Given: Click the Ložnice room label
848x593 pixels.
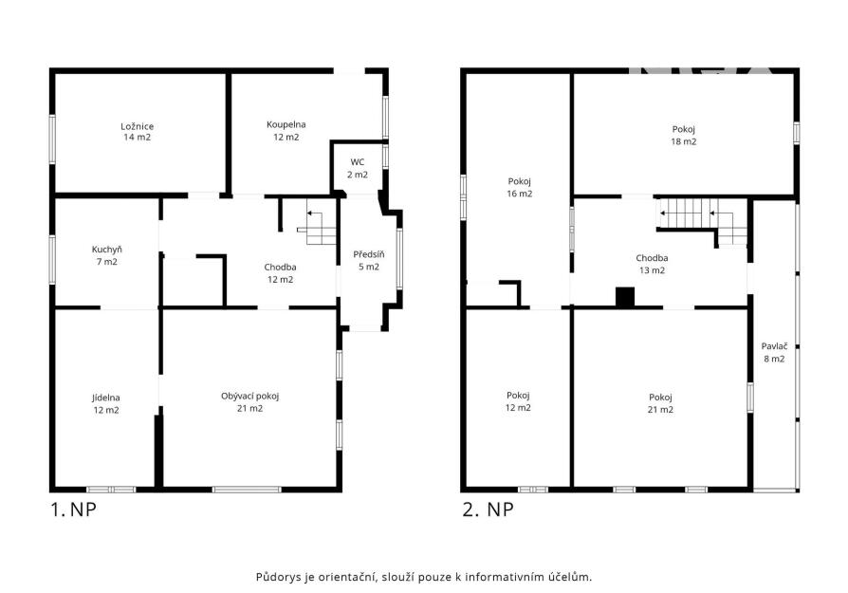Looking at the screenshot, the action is pos(137,132).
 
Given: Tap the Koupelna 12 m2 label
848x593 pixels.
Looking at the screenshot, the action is pos(286,131).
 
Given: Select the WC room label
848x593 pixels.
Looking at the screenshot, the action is pos(358,168).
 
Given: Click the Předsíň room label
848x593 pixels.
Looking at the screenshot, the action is pos(369,260).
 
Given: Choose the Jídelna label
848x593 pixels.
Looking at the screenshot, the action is pos(106,403).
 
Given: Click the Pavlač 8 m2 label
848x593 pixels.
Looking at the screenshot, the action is pos(774,352).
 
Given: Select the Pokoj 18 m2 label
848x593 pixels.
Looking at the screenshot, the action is pos(684,136).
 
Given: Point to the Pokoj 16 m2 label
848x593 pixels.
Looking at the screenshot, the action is pos(519,187).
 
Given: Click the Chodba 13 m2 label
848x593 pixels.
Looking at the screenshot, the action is pos(652,264).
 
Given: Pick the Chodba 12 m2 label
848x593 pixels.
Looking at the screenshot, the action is pos(280,273).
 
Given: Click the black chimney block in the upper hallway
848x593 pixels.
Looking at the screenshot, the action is pos(625,298).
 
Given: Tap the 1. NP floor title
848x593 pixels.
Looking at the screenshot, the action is pos(73,510).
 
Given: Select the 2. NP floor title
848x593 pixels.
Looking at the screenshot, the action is pos(488,510).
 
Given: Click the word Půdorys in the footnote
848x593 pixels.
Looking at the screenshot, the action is pos(278,577).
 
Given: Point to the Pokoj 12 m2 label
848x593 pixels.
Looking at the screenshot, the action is pos(518,401).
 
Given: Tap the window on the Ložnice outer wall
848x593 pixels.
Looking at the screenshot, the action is pos(52,139).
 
